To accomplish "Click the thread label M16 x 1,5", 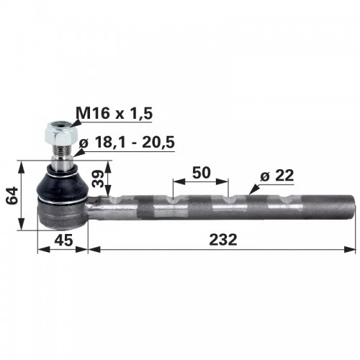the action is (114, 113).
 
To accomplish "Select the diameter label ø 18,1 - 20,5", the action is (127, 143).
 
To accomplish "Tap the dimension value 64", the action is (12, 195).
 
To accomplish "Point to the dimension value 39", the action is (99, 179).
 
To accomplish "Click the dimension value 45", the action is (63, 240).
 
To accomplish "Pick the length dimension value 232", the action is (223, 240).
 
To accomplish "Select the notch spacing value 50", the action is (202, 173).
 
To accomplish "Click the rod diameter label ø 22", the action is (277, 176).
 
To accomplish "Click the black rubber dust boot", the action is (62, 184).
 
